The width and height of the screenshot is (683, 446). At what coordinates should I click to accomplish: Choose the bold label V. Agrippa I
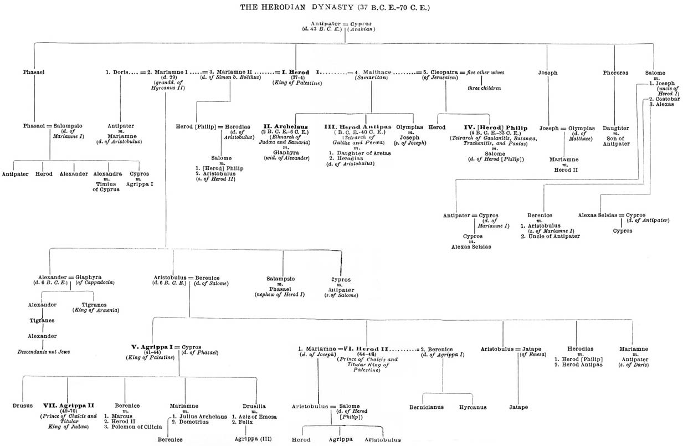click(149, 347)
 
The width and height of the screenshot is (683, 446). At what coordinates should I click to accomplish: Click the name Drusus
click(22, 406)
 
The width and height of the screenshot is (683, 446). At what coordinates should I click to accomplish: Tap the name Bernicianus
click(426, 407)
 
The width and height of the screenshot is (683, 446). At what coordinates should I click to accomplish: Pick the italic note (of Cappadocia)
click(95, 283)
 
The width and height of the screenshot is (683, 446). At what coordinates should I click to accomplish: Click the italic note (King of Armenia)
click(96, 310)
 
